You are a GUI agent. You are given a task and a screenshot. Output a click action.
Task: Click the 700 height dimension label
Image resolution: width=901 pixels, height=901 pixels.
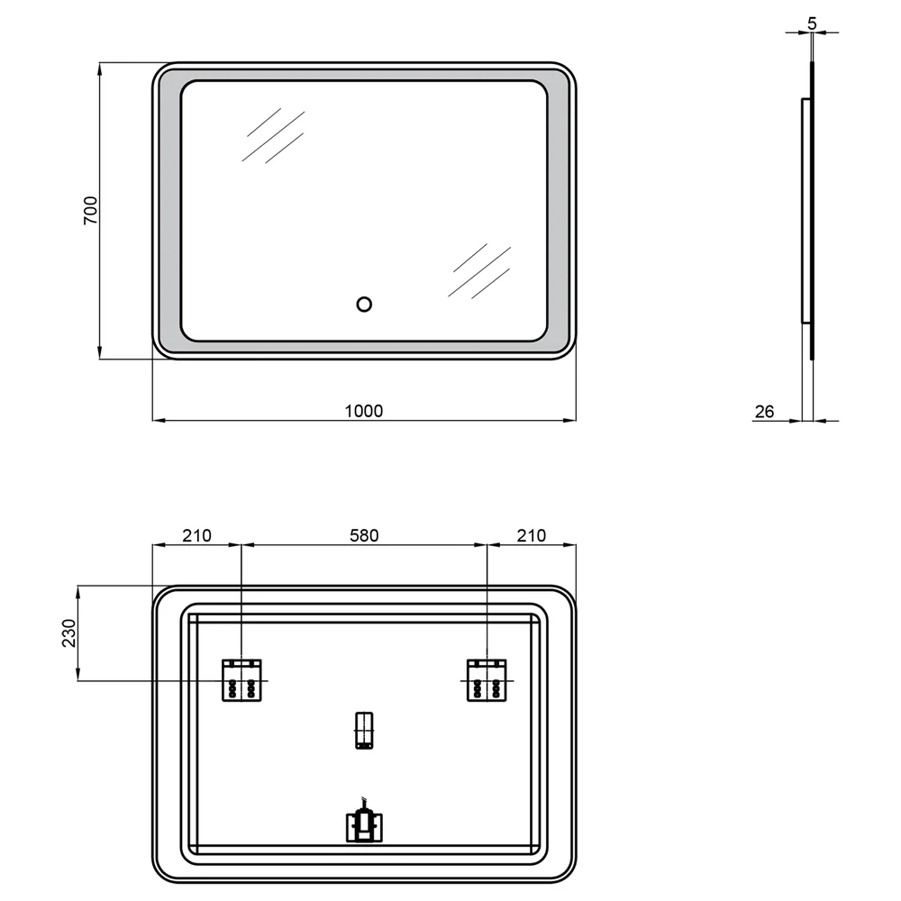pos(91,210)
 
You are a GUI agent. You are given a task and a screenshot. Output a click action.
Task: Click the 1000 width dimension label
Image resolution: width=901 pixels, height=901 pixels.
pos(364,411)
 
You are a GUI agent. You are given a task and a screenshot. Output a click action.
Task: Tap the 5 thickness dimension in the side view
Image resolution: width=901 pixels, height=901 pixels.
pos(812,23)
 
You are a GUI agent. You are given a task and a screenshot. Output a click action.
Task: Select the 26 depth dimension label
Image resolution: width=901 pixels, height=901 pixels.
pos(764,412)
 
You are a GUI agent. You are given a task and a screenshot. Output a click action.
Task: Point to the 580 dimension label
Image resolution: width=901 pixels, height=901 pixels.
pos(364,535)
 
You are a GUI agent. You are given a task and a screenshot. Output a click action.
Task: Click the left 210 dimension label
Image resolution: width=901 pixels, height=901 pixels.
pos(197,535)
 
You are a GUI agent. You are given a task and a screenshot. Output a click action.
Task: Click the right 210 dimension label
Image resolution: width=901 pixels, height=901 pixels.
pos(531,535)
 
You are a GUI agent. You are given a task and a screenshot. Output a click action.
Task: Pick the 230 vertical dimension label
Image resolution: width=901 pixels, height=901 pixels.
pos(69,633)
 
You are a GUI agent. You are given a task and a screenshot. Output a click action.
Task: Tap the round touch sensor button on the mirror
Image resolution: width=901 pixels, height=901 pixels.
pos(364,304)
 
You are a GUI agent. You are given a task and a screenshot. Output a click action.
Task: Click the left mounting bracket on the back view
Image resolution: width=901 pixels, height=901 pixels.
pos(241,680)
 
